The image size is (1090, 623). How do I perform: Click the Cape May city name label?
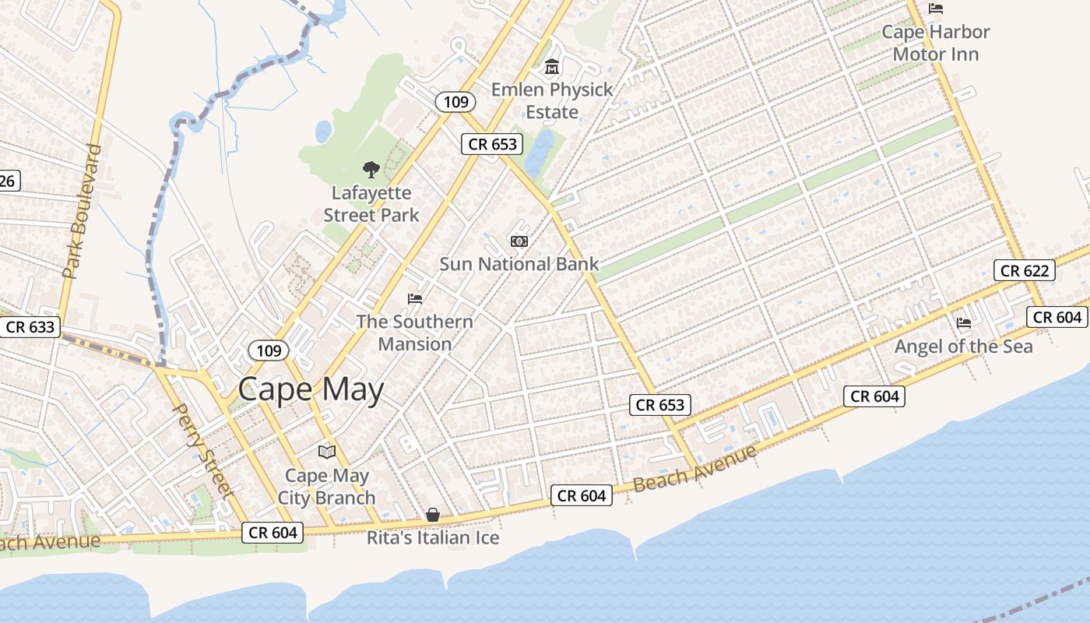click(311, 389)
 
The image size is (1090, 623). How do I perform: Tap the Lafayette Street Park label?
click(371, 204)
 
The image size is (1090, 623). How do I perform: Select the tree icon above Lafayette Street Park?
click(371, 169)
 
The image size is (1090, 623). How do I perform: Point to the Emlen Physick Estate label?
click(552, 100)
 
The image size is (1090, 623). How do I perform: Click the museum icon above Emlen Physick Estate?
click(552, 67)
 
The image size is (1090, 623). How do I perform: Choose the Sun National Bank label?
click(519, 264)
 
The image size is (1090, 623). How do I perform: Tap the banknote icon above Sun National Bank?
click(519, 241)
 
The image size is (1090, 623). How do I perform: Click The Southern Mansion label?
click(414, 333)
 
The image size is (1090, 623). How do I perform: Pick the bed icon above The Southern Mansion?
click(415, 299)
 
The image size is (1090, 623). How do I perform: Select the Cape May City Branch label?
click(327, 487)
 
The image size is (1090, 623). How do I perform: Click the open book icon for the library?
click(327, 452)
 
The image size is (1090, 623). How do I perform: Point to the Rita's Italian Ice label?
click(433, 538)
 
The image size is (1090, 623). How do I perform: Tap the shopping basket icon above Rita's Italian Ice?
click(433, 515)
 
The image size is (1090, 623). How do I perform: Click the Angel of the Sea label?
click(964, 347)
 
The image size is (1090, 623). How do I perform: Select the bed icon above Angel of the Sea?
click(964, 322)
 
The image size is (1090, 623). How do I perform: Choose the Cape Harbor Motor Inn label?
click(936, 43)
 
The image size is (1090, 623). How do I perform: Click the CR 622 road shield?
click(1025, 270)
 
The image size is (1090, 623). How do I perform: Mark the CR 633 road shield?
click(30, 327)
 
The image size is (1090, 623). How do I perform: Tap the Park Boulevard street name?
click(83, 211)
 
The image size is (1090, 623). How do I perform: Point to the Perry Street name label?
click(202, 449)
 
